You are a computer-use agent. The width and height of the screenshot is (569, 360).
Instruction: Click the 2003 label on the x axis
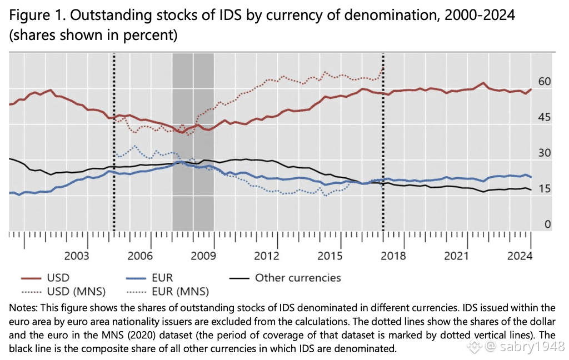pos(77,256)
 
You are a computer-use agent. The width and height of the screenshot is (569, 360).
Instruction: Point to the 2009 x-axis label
pos(203,256)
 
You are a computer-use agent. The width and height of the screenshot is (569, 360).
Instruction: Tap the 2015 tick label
pos(330,256)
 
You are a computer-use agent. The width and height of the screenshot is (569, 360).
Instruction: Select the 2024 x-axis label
pos(520,256)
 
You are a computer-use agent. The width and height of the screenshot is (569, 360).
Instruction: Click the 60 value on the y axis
pos(545,82)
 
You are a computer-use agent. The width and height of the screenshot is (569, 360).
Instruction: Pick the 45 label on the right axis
pos(545,117)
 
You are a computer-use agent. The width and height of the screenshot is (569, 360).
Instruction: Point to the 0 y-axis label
pos(548,224)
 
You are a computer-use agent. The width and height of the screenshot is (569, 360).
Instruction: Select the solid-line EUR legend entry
pos(164,277)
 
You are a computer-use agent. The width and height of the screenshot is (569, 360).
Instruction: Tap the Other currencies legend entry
pos(297,277)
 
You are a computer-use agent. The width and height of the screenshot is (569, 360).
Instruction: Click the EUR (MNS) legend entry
pos(181,291)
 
